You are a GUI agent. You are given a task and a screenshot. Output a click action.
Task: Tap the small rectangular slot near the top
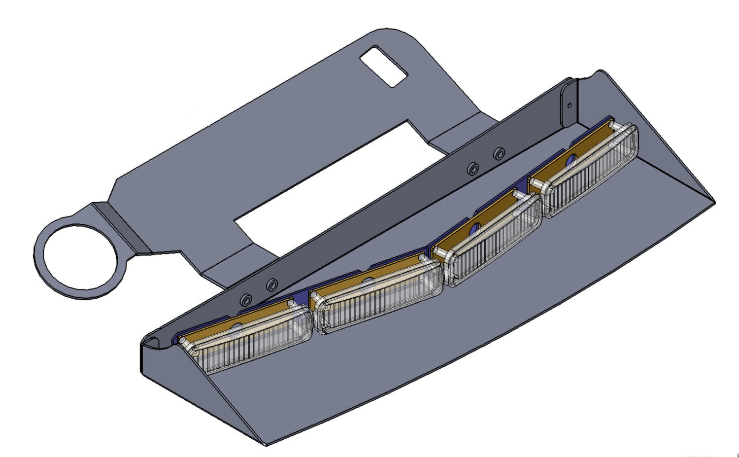(383, 66)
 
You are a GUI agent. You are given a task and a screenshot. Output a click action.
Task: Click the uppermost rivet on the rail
(499, 153)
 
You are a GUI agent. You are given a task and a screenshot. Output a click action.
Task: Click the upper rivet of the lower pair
(271, 285)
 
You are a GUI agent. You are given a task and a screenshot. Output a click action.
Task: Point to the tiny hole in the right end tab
(570, 105)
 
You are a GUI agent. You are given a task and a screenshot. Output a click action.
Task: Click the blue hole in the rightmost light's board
(571, 159)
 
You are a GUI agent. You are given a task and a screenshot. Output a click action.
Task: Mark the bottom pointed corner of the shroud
(266, 444)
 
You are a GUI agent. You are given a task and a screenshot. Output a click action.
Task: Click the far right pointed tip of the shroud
(713, 201)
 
